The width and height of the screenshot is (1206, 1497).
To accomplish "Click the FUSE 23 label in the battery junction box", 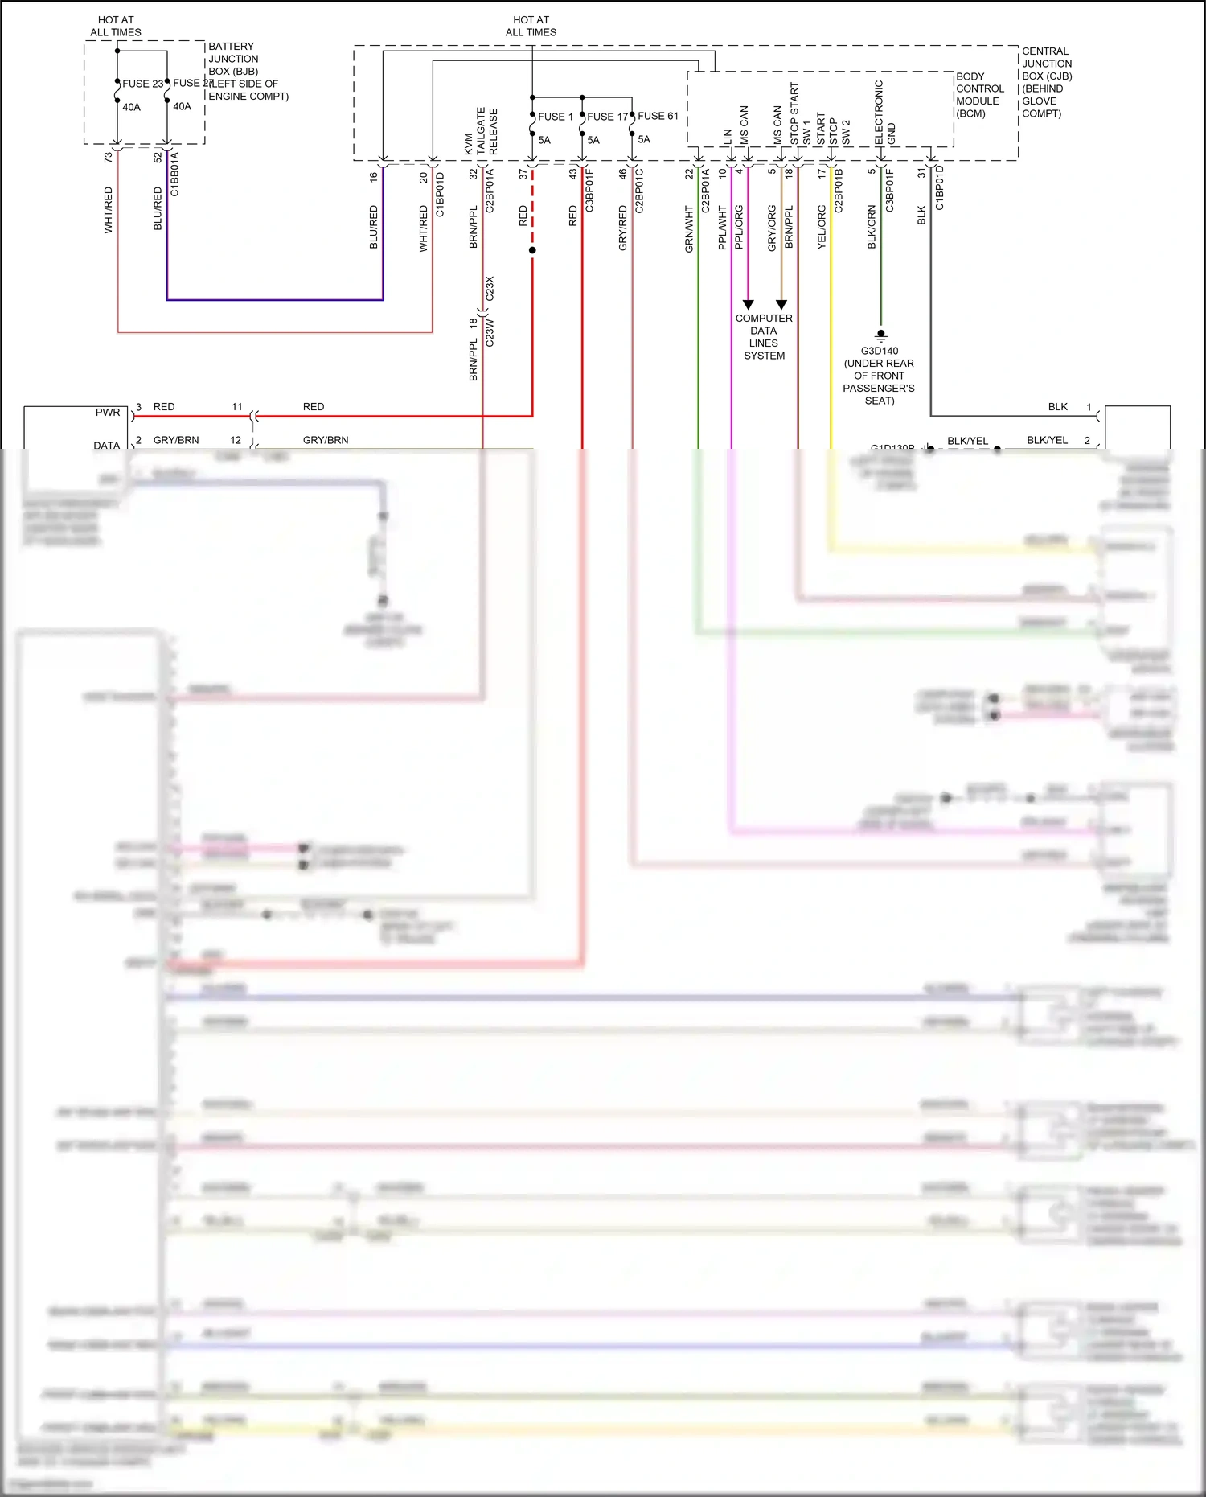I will point(142,84).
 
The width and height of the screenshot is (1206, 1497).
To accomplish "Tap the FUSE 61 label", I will point(658,116).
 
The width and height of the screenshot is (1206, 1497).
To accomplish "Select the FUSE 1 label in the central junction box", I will point(555,117).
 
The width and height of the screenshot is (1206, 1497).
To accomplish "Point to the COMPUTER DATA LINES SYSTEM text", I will point(764,337).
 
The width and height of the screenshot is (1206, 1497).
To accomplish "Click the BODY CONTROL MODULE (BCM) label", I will point(979,95).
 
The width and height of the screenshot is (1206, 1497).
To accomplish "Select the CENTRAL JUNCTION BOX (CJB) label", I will point(1046,82).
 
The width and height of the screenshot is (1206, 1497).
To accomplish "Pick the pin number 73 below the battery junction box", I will point(109,158).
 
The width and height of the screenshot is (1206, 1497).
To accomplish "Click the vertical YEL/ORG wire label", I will point(822,227).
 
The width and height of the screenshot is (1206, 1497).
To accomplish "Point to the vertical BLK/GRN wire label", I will point(872,227).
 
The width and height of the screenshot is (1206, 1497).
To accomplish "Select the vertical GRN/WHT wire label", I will point(689,229).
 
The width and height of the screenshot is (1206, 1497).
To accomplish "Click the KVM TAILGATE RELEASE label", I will point(481,132).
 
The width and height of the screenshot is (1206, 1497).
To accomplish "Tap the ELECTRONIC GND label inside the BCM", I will point(884,113).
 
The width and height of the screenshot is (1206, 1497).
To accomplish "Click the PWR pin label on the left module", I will point(107,413).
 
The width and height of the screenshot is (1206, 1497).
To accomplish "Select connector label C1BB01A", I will point(174,174).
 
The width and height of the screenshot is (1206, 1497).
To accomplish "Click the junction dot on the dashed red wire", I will point(532,250).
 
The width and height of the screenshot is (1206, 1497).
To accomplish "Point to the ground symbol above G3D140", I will point(881,335).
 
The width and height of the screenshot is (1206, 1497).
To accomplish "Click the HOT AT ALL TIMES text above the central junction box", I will point(531,26).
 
